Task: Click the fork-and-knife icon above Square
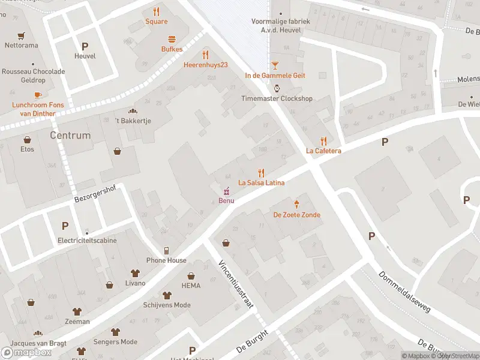pyautogui.click(x=157, y=11)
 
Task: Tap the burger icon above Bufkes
pyautogui.click(x=172, y=38)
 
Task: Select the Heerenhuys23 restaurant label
pyautogui.click(x=206, y=64)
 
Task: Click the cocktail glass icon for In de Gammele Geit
pyautogui.click(x=275, y=65)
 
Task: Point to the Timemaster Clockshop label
pyautogui.click(x=277, y=98)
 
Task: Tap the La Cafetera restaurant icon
pyautogui.click(x=323, y=140)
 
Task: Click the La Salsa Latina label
pyautogui.click(x=261, y=182)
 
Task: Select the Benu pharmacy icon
pyautogui.click(x=226, y=191)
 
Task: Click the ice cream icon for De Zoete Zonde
pyautogui.click(x=296, y=204)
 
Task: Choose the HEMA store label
pyautogui.click(x=191, y=286)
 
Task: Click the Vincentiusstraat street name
pyautogui.click(x=235, y=284)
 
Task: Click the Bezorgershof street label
pyautogui.click(x=95, y=194)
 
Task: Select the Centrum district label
pyautogui.click(x=70, y=135)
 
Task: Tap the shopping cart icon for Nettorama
pyautogui.click(x=22, y=35)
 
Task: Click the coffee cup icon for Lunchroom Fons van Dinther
pyautogui.click(x=37, y=95)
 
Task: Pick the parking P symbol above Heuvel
pyautogui.click(x=85, y=46)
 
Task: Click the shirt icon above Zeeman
pyautogui.click(x=77, y=311)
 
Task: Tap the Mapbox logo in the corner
pyautogui.click(x=26, y=352)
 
